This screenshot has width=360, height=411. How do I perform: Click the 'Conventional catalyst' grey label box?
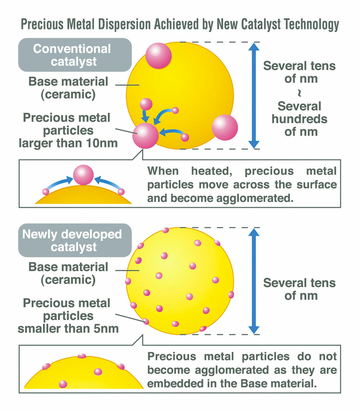(75, 55)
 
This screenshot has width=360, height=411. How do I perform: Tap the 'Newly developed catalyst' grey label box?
(75, 240)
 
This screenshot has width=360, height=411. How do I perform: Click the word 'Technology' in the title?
(312, 24)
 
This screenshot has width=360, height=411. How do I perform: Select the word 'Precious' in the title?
(42, 24)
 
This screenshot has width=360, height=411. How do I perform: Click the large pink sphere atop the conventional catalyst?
(158, 56)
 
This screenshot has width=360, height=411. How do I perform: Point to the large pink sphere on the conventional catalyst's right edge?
(225, 127)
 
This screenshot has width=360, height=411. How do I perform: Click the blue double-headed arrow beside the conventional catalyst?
(254, 96)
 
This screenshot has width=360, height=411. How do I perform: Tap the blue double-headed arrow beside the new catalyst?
(254, 281)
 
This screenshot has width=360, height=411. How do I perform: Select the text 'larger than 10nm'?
(68, 143)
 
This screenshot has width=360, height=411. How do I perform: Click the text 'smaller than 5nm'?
(68, 329)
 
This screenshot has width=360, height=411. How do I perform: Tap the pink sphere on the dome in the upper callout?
(83, 175)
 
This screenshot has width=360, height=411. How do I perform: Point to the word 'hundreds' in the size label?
(299, 119)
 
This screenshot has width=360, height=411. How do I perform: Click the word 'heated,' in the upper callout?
(211, 171)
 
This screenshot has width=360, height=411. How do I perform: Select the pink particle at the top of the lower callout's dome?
(82, 356)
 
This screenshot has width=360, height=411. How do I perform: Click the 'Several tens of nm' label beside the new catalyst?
(299, 289)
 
